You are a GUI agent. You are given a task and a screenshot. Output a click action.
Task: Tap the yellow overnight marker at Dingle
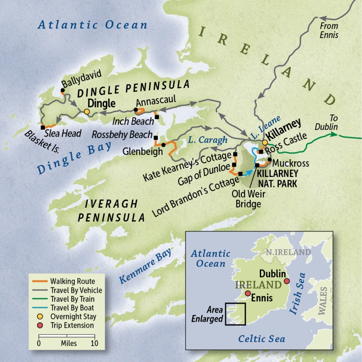coord(86,112)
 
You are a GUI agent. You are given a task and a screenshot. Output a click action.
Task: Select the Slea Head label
coord(63,133)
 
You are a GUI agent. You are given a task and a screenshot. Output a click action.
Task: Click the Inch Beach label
coord(133,121)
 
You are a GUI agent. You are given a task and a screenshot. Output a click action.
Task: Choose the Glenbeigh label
coord(143,152)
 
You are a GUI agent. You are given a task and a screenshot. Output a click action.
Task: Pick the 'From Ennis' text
coord(329,29)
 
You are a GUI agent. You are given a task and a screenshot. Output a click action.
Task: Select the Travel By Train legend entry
coord(75,300)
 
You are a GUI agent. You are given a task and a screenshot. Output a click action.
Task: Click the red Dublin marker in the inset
coord(286,282)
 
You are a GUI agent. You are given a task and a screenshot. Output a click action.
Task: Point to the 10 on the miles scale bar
coord(95,343)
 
